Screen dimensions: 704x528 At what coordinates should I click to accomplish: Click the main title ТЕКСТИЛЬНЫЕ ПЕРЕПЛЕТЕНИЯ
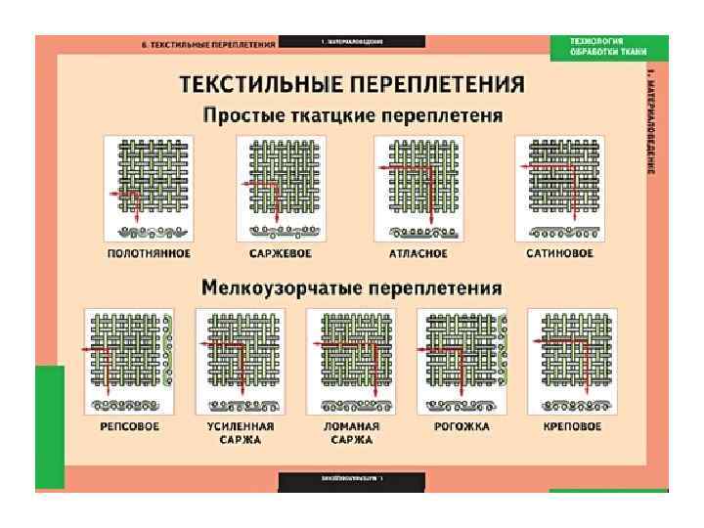(x=351, y=84)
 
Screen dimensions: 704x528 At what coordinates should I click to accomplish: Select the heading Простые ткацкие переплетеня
(x=352, y=115)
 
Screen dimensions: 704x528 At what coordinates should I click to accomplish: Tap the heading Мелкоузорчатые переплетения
(x=352, y=288)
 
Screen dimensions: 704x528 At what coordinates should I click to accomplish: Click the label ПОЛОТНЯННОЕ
(x=149, y=254)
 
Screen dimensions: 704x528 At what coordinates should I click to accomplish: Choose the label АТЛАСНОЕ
(x=418, y=254)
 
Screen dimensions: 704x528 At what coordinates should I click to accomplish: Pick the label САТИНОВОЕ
(x=559, y=254)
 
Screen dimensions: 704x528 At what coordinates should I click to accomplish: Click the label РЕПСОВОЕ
(x=129, y=427)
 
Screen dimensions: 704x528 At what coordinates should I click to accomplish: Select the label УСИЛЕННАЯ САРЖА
(x=241, y=433)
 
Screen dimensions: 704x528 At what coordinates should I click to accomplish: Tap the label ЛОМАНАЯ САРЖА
(x=352, y=433)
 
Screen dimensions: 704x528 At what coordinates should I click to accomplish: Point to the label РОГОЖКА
(x=462, y=427)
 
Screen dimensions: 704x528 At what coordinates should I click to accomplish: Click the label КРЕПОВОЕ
(x=572, y=427)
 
